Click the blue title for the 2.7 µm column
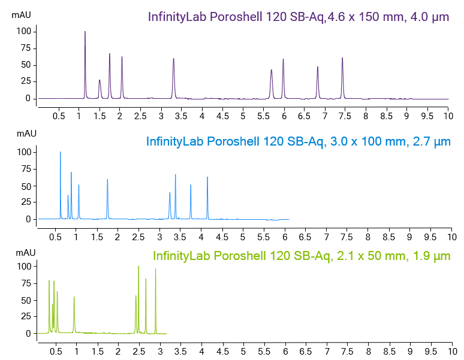[298, 141]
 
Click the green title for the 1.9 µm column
[302, 256]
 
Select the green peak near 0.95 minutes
[74, 298]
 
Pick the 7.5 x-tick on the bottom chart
[327, 349]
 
